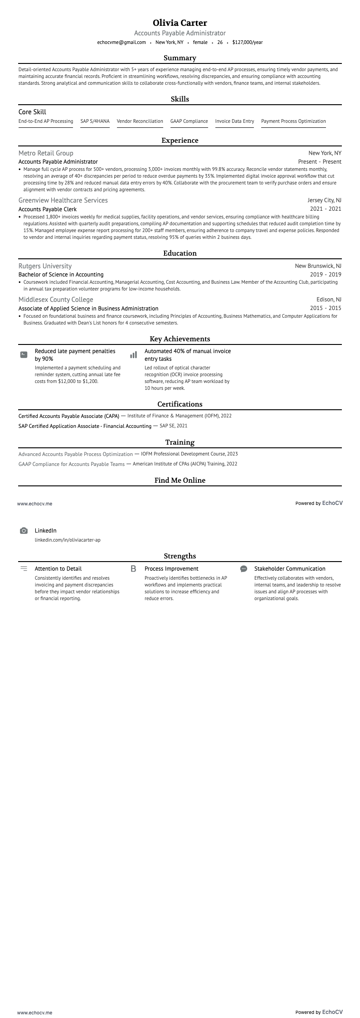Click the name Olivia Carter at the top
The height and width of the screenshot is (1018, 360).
click(x=180, y=23)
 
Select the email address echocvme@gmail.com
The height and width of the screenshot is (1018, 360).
click(x=122, y=42)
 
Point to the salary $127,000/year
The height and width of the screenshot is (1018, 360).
click(x=247, y=42)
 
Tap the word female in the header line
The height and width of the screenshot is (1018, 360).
click(x=200, y=42)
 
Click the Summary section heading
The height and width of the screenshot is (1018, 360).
click(x=180, y=58)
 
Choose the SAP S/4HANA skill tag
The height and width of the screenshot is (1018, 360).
click(x=95, y=121)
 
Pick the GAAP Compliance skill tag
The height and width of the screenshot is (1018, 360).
click(x=189, y=121)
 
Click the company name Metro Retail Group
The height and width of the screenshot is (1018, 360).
click(x=46, y=153)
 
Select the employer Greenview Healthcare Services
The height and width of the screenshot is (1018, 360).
click(x=63, y=200)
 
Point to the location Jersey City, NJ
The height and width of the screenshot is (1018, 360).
click(x=324, y=200)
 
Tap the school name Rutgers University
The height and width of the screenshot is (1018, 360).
click(x=45, y=266)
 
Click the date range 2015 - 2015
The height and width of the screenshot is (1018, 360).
click(x=326, y=308)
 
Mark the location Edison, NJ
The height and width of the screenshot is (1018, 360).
click(x=329, y=300)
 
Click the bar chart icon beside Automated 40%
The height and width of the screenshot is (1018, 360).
click(x=133, y=355)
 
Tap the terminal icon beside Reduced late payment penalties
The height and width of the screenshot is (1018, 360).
click(x=24, y=354)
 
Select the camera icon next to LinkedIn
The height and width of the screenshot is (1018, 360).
click(x=24, y=531)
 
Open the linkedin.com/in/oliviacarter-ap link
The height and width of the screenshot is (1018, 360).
click(x=68, y=540)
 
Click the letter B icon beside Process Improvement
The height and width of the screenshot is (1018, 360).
click(x=133, y=568)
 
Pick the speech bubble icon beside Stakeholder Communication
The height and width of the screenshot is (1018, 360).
click(x=243, y=568)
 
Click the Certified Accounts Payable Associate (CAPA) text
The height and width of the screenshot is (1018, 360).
click(x=69, y=416)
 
